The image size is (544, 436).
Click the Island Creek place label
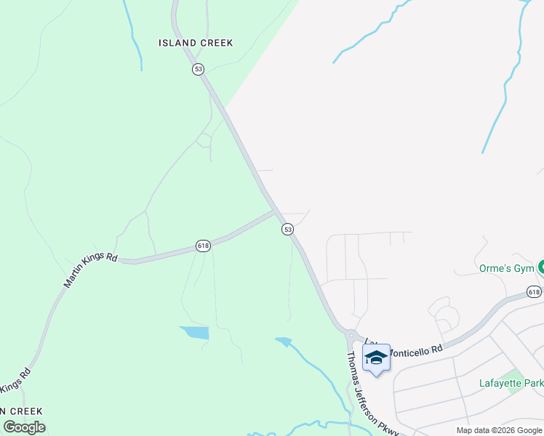click(x=196, y=43)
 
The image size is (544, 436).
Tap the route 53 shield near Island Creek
click(x=199, y=69)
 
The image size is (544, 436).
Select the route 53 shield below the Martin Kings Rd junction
click(x=288, y=229)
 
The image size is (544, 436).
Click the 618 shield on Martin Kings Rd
click(x=203, y=246)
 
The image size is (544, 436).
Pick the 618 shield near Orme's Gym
click(x=535, y=292)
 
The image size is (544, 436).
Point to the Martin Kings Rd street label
click(x=90, y=270)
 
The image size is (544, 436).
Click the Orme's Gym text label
click(x=505, y=268)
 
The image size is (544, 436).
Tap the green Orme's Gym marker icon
click(x=540, y=267)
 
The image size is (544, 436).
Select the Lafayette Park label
click(x=511, y=383)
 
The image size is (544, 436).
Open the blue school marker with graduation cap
click(x=376, y=358)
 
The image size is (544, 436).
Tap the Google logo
click(x=24, y=427)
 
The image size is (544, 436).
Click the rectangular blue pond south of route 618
click(x=195, y=333)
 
